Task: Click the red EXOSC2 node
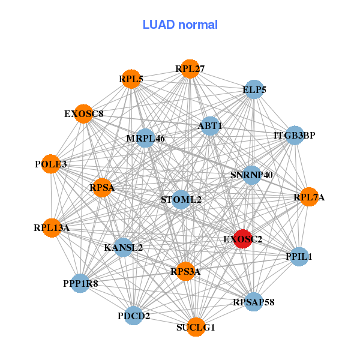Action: (242, 239)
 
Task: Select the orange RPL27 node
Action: (190, 69)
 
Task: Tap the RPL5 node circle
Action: (131, 79)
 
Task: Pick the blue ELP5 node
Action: (254, 89)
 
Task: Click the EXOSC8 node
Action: (83, 113)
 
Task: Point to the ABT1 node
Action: (210, 126)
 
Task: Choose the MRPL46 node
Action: (145, 138)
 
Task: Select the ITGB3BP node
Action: (294, 135)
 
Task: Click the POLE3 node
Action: (51, 164)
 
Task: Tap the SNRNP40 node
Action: (252, 175)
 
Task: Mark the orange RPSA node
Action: (102, 188)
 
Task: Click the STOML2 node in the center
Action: (181, 199)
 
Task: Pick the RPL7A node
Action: (309, 197)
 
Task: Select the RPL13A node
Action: (52, 227)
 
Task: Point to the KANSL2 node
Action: (123, 247)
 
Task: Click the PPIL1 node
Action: (299, 256)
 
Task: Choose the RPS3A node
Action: (185, 271)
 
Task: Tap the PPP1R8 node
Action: (80, 283)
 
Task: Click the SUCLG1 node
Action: (196, 327)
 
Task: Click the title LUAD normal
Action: (180, 25)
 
